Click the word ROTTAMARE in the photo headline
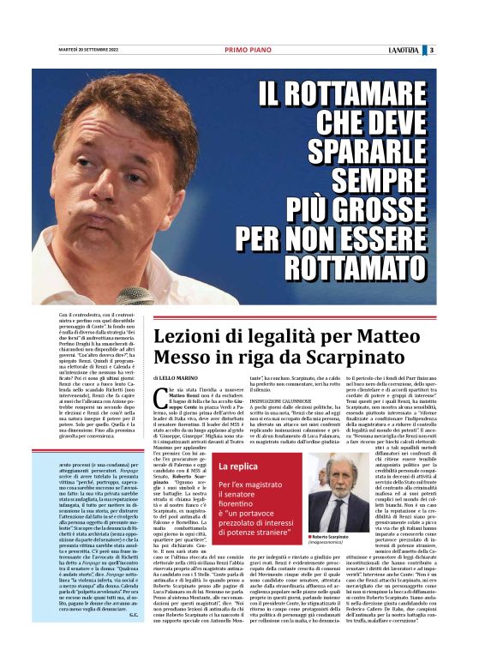coord(354,91)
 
